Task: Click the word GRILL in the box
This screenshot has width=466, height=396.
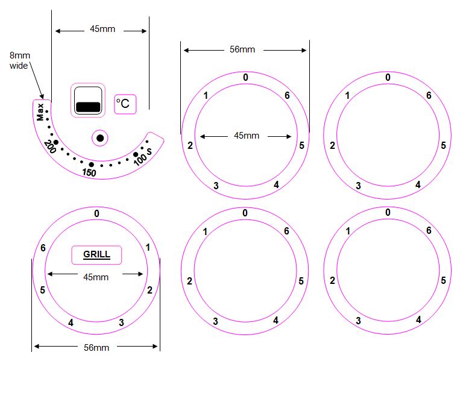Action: pyautogui.click(x=96, y=254)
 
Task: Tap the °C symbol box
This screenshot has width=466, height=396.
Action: pyautogui.click(x=125, y=104)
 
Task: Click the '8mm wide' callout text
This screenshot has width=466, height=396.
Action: pyautogui.click(x=20, y=60)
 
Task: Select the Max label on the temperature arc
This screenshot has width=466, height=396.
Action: pyautogui.click(x=40, y=112)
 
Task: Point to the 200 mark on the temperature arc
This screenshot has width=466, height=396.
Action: pyautogui.click(x=50, y=146)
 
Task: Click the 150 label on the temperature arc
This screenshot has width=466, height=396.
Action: pyautogui.click(x=89, y=172)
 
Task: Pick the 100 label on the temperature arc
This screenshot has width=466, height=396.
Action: pyautogui.click(x=140, y=159)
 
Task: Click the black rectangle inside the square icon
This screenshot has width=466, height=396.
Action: pyautogui.click(x=88, y=107)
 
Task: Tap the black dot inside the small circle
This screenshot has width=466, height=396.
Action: pyautogui.click(x=100, y=138)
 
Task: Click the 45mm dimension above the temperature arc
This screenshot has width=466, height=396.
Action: pyautogui.click(x=102, y=29)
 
